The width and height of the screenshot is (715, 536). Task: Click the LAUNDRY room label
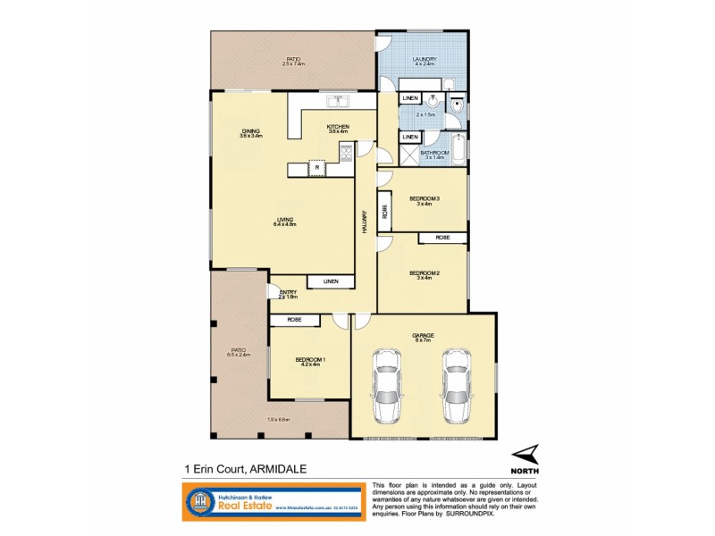tap(424, 59)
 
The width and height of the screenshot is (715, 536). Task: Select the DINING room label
tap(250, 131)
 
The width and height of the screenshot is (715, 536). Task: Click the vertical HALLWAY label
tap(365, 222)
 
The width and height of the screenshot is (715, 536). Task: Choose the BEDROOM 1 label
tap(307, 360)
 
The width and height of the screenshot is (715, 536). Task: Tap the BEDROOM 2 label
tap(421, 272)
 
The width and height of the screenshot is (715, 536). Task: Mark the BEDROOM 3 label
tap(421, 198)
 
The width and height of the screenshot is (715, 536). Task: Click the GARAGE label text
tap(423, 335)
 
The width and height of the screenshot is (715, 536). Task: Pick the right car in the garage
tap(456, 386)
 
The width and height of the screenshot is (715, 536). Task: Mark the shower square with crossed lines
tap(408, 155)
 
